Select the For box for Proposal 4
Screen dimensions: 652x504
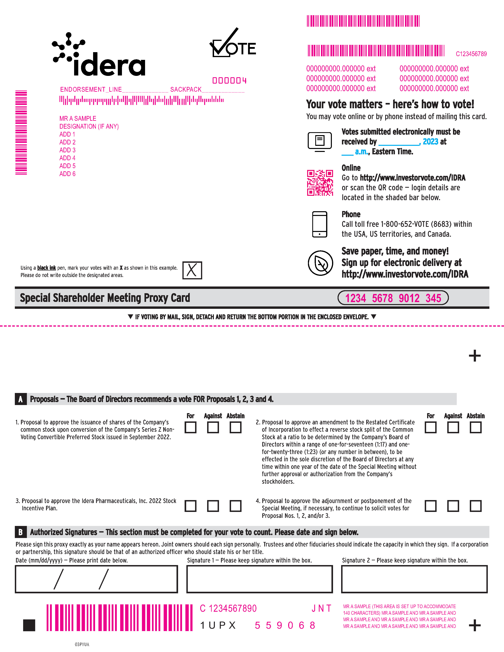[430, 506]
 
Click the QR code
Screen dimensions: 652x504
[320, 183]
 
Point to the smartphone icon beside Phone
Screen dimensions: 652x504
[319, 224]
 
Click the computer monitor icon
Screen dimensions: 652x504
[319, 141]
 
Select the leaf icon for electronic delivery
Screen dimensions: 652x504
[320, 263]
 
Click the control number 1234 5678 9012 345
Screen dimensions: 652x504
[393, 298]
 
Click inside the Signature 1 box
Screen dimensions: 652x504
[260, 579]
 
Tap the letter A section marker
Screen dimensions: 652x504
[20, 399]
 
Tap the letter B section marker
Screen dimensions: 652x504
[20, 532]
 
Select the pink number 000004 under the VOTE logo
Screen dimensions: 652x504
[229, 80]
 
